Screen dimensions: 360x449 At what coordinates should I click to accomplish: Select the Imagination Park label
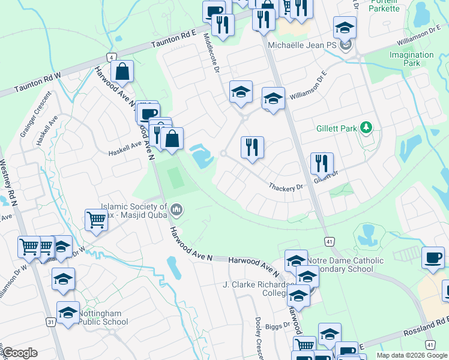pyautogui.click(x=411, y=59)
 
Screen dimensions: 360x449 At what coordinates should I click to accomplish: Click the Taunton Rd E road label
pyautogui.click(x=174, y=40)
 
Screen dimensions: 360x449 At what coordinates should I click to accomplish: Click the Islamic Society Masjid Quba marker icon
pyautogui.click(x=176, y=209)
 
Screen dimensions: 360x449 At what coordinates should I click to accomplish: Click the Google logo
pyautogui.click(x=20, y=353)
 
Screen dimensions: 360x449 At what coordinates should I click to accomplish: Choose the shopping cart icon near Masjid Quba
pyautogui.click(x=95, y=220)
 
